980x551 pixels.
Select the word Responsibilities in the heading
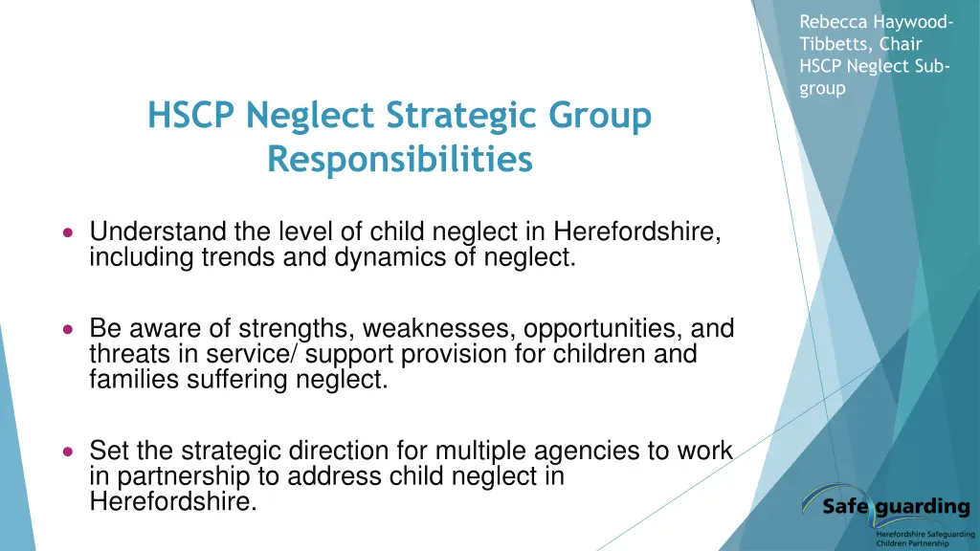click(x=400, y=159)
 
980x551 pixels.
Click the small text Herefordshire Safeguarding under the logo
click(x=924, y=534)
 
